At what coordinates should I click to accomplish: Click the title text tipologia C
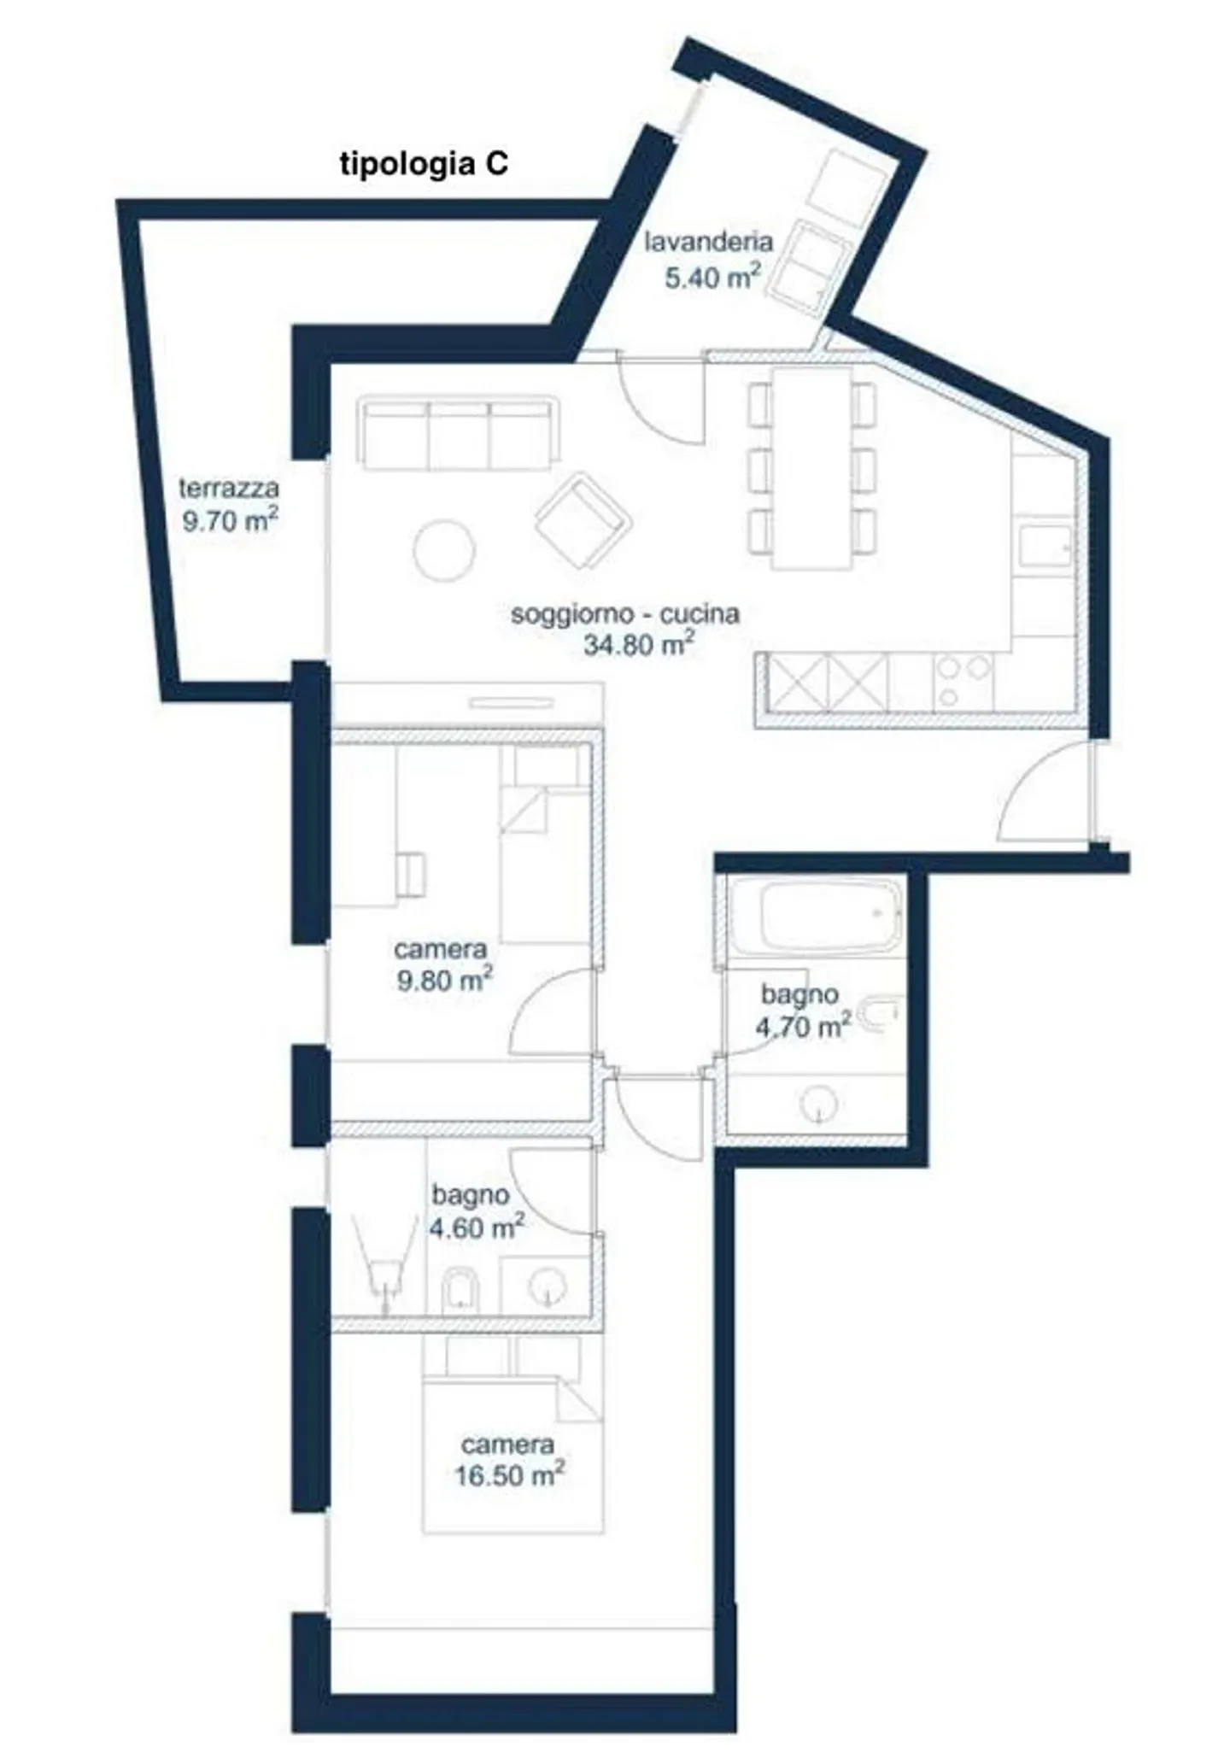424,163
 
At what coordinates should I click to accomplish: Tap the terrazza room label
229,489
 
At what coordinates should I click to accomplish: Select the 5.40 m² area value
712,276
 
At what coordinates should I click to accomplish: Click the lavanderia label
708,242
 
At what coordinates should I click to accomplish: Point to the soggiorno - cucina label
624,614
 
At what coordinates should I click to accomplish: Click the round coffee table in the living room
443,551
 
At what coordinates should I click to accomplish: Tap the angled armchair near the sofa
583,521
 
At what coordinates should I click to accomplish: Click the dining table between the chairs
811,468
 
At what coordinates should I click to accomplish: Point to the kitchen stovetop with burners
963,682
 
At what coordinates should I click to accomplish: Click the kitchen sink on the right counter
1045,543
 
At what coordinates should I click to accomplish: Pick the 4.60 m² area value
477,1228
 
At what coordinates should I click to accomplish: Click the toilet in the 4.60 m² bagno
461,1290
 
